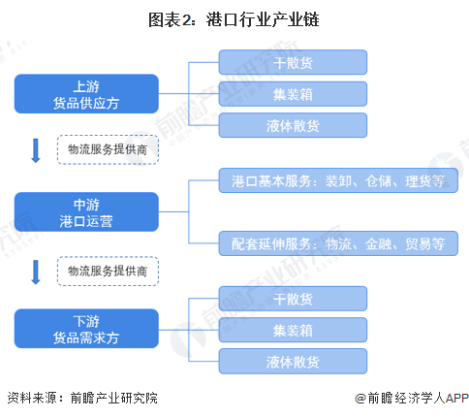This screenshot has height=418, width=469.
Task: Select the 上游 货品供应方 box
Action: pyautogui.click(x=85, y=94)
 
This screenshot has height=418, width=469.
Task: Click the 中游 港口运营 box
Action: pyautogui.click(x=85, y=212)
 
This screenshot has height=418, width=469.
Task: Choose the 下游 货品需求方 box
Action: pyautogui.click(x=85, y=330)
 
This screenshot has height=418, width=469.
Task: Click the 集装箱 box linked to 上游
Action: pyautogui.click(x=293, y=94)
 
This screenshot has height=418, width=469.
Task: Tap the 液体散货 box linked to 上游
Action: pyautogui.click(x=293, y=124)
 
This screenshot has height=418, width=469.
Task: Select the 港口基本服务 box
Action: pyautogui.click(x=338, y=181)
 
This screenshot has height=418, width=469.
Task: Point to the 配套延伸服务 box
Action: pyautogui.click(x=338, y=242)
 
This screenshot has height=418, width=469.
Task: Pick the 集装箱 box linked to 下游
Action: pyautogui.click(x=293, y=330)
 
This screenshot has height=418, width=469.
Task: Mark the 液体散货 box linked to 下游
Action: pyautogui.click(x=293, y=361)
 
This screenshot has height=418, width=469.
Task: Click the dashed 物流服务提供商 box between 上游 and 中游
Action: pyautogui.click(x=108, y=151)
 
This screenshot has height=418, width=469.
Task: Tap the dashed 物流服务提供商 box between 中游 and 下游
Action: pyautogui.click(x=108, y=270)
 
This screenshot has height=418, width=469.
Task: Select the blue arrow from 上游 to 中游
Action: pyautogui.click(x=37, y=151)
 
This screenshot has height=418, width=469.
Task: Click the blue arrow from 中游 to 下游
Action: pyautogui.click(x=37, y=270)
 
